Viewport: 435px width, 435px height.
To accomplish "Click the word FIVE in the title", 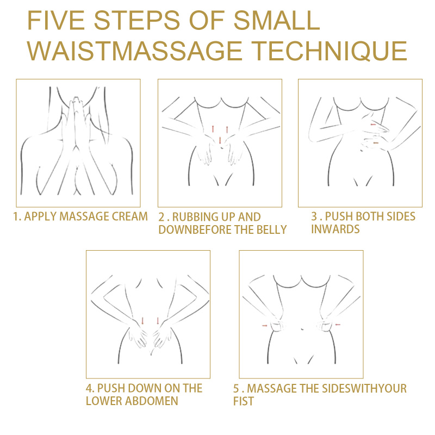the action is [56, 20].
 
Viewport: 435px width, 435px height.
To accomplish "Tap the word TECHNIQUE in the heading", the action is [331, 51].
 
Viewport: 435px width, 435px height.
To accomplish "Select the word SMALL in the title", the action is [277, 20].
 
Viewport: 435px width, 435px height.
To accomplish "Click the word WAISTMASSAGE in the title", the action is [134, 51].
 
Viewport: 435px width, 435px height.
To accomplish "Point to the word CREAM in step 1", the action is [129, 216].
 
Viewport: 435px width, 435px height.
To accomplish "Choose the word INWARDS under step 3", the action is [335, 229].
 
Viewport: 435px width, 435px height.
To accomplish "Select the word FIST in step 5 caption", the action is [243, 401].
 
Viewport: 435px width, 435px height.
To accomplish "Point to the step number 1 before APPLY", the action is [16, 216].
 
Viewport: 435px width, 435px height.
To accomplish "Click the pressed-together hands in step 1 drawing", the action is [76, 122].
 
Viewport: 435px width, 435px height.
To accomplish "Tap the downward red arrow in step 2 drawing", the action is [220, 140].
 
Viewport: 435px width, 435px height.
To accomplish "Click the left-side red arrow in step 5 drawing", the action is [265, 325].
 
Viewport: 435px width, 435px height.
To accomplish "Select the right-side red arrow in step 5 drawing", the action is [338, 324].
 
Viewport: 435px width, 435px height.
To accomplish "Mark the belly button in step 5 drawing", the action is [302, 330].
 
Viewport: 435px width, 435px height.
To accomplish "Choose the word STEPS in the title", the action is [137, 20].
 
